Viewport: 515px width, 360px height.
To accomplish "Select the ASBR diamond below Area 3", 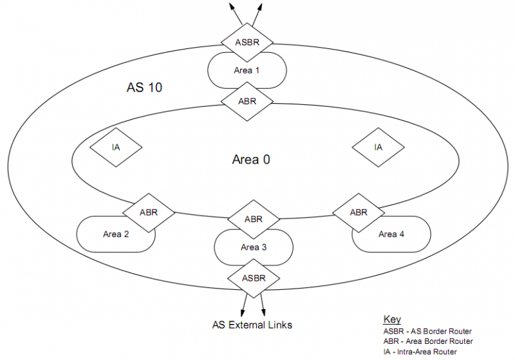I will click(254, 278).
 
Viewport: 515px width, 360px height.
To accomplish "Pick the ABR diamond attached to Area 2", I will click(148, 211).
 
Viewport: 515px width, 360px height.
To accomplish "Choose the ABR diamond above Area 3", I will click(254, 219).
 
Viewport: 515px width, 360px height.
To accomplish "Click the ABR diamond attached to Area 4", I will click(358, 212).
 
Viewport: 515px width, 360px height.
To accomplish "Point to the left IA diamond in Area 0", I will click(116, 147).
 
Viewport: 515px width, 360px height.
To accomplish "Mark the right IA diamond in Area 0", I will click(378, 147).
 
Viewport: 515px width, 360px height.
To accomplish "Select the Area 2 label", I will click(116, 234).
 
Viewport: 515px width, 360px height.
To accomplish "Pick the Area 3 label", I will click(254, 247).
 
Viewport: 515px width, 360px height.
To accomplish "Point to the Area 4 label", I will click(391, 234).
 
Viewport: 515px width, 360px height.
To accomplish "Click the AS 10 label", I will click(143, 87).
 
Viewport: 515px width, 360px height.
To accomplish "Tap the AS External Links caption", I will click(252, 325).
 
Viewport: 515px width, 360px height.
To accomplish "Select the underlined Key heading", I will click(391, 319).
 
